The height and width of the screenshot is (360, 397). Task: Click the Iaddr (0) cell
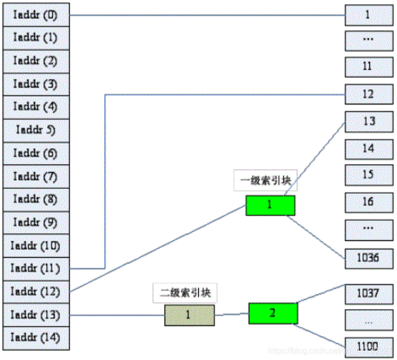pos(36,15)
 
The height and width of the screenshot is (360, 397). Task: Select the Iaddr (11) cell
pos(36,268)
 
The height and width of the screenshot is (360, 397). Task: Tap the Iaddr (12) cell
pos(36,292)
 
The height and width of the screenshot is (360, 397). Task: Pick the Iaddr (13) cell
pos(36,315)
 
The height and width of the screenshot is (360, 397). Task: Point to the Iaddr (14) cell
pos(36,338)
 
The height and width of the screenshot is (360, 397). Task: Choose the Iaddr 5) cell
pos(36,130)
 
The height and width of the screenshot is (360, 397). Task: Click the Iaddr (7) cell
pos(36,176)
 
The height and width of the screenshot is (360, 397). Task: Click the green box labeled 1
pos(270,205)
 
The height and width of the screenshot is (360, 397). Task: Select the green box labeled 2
pos(273,313)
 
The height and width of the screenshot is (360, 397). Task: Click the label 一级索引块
pos(265,181)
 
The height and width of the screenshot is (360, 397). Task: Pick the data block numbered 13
pos(368,122)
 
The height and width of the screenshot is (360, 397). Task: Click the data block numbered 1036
pos(368,258)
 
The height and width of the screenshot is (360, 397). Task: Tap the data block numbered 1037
pos(368,293)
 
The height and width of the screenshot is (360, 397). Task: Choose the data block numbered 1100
pos(368,347)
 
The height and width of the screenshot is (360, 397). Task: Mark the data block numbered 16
pos(368,202)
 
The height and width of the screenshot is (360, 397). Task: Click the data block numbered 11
pos(368,67)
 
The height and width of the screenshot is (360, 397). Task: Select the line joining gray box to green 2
pos(232,315)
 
